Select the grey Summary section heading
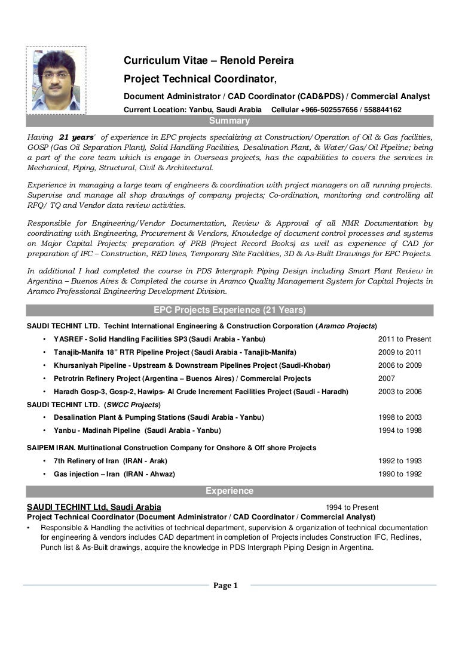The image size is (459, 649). click(x=229, y=121)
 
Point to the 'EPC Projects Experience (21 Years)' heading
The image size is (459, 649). click(x=229, y=310)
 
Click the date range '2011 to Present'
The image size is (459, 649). click(x=404, y=339)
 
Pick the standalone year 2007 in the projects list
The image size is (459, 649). click(x=387, y=379)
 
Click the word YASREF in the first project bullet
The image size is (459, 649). click(x=68, y=339)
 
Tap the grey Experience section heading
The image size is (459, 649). click(x=229, y=491)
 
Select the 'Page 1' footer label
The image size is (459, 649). click(x=226, y=586)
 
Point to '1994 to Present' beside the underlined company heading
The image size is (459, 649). click(x=352, y=507)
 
